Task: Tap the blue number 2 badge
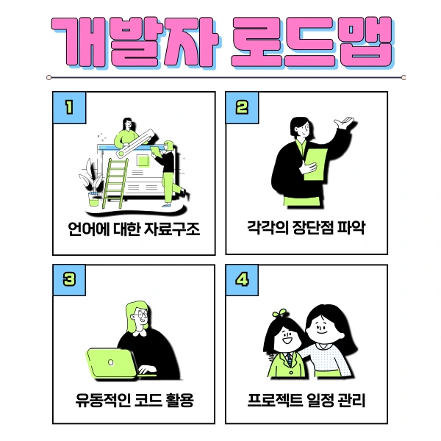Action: click(x=242, y=107)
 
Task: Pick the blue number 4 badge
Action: click(x=242, y=280)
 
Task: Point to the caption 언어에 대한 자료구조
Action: click(x=134, y=229)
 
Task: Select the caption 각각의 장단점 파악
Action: click(x=306, y=229)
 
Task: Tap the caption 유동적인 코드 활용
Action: click(x=134, y=401)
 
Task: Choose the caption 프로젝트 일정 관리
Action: click(x=306, y=401)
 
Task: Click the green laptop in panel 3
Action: click(x=111, y=362)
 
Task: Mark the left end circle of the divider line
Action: click(x=49, y=76)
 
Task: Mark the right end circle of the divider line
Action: click(x=404, y=76)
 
